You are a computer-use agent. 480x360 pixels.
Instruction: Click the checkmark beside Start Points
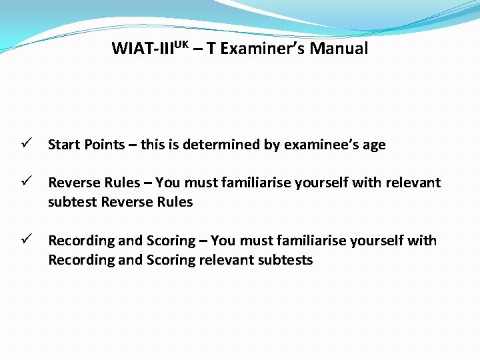[23, 145]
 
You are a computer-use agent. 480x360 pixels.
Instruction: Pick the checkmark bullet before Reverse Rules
[23, 183]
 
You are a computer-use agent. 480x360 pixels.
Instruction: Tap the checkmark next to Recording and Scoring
[23, 241]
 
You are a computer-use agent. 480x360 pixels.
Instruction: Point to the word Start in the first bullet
[65, 145]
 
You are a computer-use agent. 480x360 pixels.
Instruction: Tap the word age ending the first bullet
[374, 145]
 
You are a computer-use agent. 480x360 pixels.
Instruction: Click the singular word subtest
[72, 202]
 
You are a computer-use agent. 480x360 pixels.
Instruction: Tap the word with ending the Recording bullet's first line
[422, 241]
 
